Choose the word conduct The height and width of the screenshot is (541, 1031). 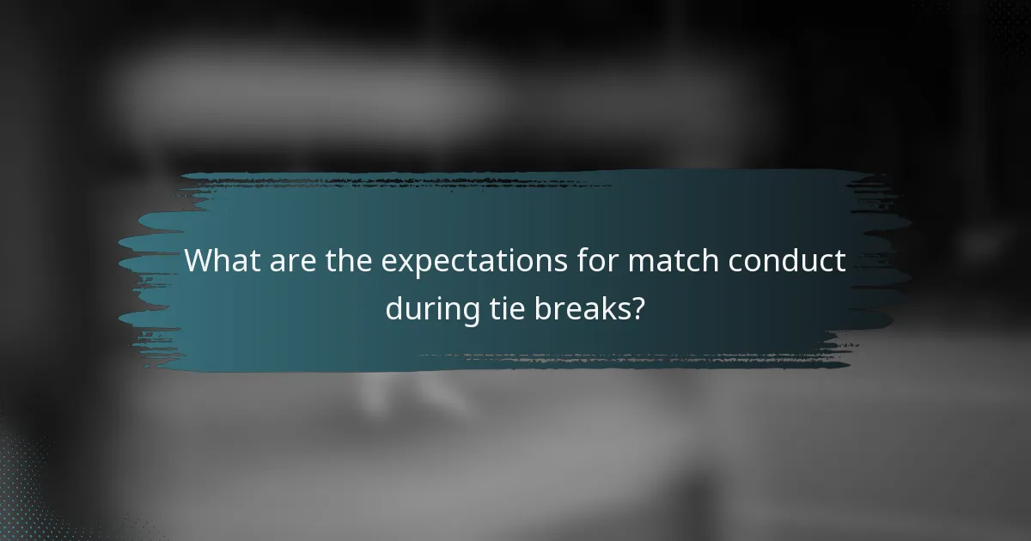click(789, 261)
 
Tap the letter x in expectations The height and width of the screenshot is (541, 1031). click(401, 263)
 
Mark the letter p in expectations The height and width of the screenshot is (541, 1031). click(418, 265)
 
